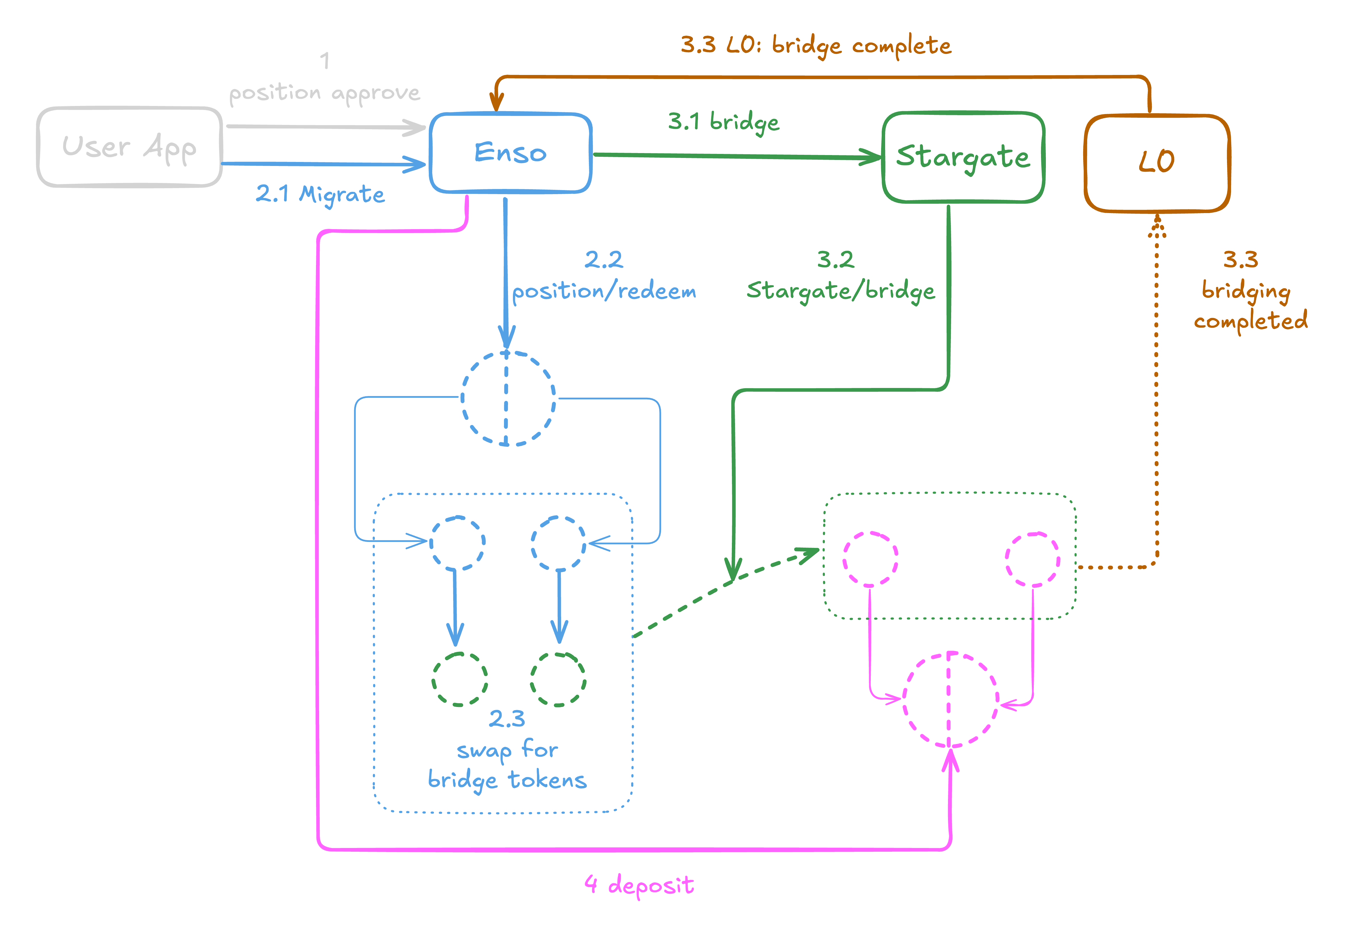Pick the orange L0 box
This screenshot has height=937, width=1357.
coord(1156,163)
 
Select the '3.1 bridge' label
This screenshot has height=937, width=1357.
coord(724,122)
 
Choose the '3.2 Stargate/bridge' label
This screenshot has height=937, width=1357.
coord(840,276)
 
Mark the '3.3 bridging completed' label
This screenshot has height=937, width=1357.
coord(1250,291)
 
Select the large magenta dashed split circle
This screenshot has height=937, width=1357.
coord(950,699)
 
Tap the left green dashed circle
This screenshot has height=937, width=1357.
coord(460,679)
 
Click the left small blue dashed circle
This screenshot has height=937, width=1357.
coord(457,543)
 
